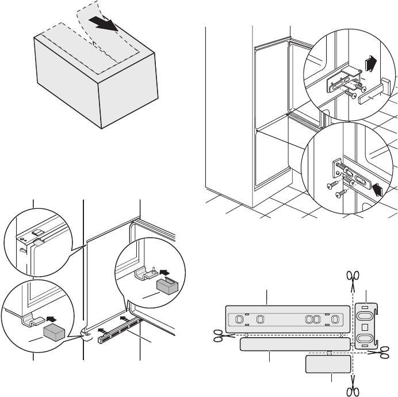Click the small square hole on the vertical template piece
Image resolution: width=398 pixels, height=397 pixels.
(364, 327)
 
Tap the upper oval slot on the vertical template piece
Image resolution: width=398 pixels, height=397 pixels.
(364, 315)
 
